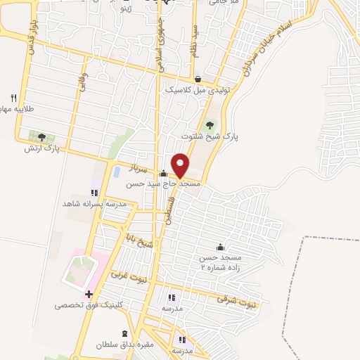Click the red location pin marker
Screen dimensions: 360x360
tap(180, 165)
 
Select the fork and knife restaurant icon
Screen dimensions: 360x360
tap(13, 97)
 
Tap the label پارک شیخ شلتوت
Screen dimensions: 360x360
tap(210, 137)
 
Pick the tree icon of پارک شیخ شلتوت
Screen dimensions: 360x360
tap(209, 125)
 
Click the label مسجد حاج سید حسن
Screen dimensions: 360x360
tap(164, 184)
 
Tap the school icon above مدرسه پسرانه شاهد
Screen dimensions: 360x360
tap(94, 192)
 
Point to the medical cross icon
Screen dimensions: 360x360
tap(89, 294)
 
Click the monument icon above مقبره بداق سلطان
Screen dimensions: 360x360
tap(124, 333)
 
